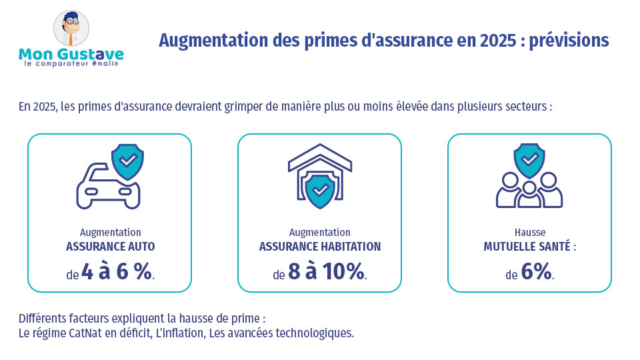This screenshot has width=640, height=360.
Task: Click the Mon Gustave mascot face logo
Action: click(71, 29)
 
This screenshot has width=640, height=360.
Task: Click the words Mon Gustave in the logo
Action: click(71, 53)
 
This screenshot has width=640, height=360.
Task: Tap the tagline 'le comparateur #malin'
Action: click(71, 65)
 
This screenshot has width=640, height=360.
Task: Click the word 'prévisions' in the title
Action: click(571, 40)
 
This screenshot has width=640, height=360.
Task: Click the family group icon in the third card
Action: click(529, 190)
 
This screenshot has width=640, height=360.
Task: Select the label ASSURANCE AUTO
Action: click(110, 247)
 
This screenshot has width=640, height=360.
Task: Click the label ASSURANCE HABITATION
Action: click(319, 247)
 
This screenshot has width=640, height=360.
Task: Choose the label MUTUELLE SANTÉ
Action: click(529, 247)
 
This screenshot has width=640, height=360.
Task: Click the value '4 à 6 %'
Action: click(117, 271)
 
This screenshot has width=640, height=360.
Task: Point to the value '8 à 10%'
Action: click(326, 271)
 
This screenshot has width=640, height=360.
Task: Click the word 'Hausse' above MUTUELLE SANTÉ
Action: click(529, 233)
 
